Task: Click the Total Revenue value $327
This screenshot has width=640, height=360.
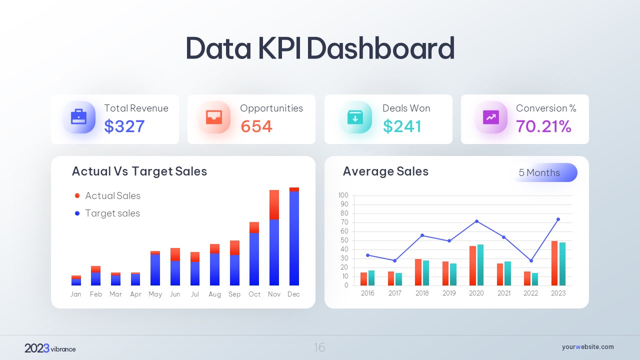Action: point(124,126)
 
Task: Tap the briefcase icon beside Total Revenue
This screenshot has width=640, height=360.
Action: point(79,117)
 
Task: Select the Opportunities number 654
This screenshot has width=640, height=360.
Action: point(256,126)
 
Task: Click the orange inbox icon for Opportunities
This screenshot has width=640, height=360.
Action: point(214,117)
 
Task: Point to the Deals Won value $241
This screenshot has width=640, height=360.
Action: point(402,126)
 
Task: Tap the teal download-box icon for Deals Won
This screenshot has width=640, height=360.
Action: point(355,117)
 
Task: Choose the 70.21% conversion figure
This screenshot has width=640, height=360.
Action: point(543,126)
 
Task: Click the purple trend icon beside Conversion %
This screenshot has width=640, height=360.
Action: point(491,117)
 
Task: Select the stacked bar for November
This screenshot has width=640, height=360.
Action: point(274,237)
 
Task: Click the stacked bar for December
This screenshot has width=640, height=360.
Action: point(294,236)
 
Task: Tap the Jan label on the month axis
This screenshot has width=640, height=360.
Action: point(76,294)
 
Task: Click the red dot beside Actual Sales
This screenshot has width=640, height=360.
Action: point(77,196)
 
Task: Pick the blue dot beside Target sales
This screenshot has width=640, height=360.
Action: point(77,213)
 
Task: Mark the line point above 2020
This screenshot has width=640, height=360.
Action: point(476,221)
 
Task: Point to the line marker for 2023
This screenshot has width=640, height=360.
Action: point(558,219)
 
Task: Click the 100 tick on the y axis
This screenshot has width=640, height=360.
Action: point(343,195)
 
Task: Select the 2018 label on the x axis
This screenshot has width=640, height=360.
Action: point(422,293)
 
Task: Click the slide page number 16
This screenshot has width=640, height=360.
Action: point(319,347)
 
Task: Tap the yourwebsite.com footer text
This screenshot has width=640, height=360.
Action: point(587,347)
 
